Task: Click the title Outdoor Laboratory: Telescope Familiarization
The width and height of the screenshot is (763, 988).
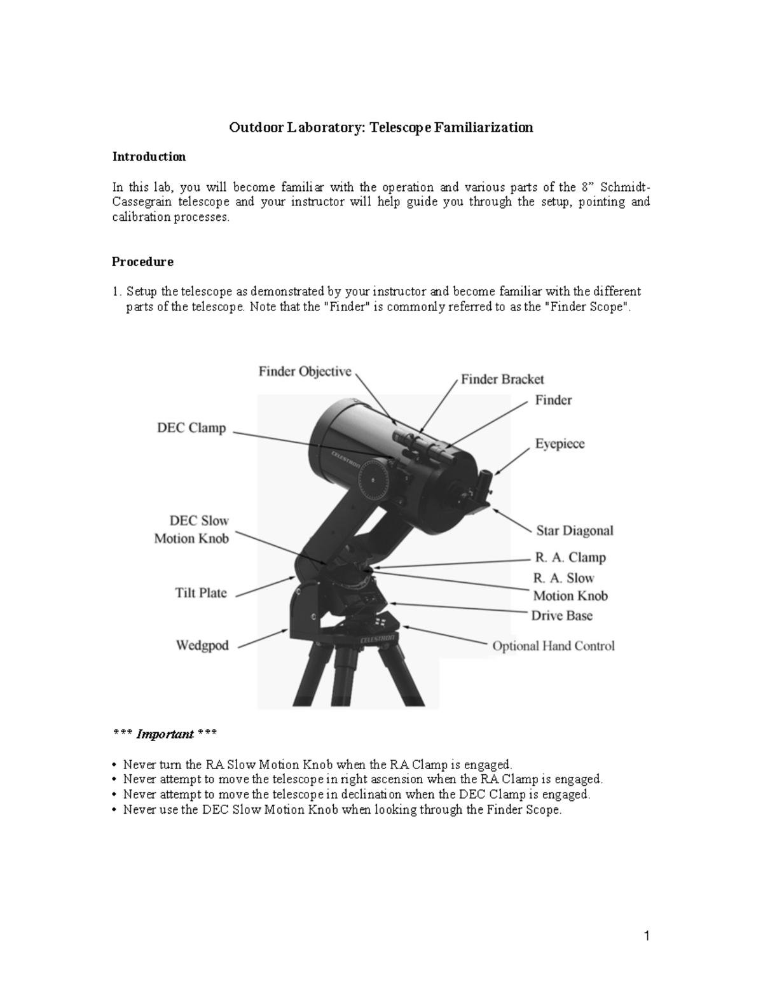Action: (381, 127)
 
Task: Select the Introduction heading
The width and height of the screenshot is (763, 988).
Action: (149, 157)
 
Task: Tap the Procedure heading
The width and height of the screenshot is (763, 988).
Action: (142, 261)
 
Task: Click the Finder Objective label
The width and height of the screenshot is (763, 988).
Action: (305, 372)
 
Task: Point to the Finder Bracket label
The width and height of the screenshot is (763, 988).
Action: (502, 379)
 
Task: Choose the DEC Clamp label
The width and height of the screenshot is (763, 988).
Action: (191, 428)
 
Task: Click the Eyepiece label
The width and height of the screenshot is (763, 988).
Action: (560, 443)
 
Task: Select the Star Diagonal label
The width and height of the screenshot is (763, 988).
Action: (575, 530)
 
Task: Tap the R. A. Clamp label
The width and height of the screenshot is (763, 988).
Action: (570, 557)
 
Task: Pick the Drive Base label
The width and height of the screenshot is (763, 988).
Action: (561, 615)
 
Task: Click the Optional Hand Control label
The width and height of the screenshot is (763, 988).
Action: (553, 646)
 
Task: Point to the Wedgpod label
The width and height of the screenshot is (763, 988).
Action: (202, 646)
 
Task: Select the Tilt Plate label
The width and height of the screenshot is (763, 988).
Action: (201, 593)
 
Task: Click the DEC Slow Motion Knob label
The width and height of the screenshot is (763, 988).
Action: (191, 529)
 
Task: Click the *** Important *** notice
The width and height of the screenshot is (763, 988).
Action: (164, 734)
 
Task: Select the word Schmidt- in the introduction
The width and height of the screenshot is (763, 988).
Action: (625, 187)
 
